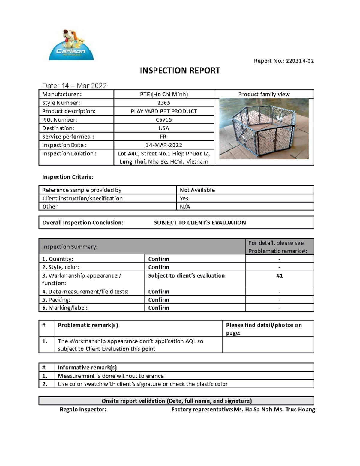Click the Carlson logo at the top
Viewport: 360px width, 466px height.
pos(71,45)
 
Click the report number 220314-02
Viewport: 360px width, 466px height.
pos(300,61)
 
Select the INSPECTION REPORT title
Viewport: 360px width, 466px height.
pos(180,71)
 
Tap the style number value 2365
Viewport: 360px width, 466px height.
pos(164,103)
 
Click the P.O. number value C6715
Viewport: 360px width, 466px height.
pos(164,120)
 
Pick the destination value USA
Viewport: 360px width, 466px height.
pos(164,128)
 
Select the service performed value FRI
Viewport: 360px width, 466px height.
pos(164,137)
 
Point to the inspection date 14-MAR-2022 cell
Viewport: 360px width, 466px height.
pos(164,145)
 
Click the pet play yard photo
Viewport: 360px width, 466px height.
pos(264,129)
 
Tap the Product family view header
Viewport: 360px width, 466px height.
pos(264,94)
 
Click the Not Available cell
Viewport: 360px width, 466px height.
pos(197,190)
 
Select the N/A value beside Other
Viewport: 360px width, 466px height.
pos(185,206)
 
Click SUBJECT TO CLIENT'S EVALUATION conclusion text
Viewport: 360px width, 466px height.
pos(200,223)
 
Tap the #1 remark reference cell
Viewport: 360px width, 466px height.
pos(279,276)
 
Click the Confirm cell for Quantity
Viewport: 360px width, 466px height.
pos(159,259)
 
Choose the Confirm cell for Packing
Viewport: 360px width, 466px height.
pos(159,300)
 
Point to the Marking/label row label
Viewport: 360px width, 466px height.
pos(65,308)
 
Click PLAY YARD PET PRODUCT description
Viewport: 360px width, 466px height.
pos(164,111)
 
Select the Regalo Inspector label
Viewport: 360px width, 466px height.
pos(83,410)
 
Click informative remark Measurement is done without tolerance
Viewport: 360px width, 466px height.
pos(111,376)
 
